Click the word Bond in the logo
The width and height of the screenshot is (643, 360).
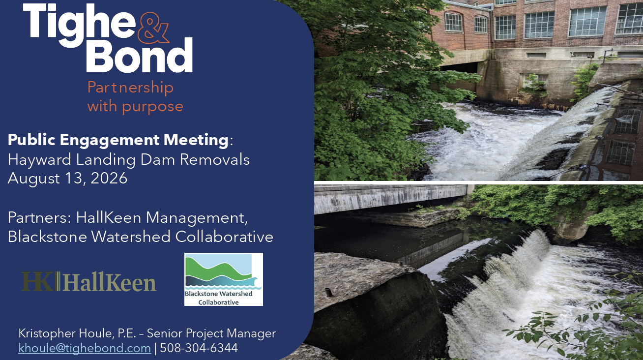(x=140, y=55)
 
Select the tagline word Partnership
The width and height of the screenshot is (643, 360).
(x=131, y=87)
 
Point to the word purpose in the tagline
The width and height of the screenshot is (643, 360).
(x=153, y=107)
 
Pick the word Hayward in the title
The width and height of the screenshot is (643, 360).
(x=40, y=160)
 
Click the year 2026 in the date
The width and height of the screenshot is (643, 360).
(x=109, y=178)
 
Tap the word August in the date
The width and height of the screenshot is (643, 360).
(x=34, y=179)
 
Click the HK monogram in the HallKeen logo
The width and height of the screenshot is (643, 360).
(x=38, y=281)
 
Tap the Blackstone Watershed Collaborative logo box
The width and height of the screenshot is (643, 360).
(x=224, y=279)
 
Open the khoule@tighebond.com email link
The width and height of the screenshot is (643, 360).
(x=85, y=348)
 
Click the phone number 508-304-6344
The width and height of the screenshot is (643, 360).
(x=199, y=348)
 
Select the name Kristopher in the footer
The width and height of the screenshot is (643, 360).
(x=47, y=333)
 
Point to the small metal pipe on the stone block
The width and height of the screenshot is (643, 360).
(x=328, y=292)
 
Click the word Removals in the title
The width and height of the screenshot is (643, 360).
(x=215, y=160)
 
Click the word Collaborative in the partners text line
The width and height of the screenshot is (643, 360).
(x=224, y=237)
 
